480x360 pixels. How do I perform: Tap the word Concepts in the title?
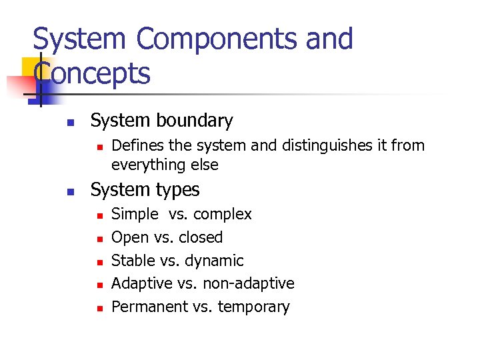[92, 73]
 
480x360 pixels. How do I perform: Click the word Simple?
[135, 215]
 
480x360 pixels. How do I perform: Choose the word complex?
[223, 215]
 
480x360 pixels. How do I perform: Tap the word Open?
[129, 237]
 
